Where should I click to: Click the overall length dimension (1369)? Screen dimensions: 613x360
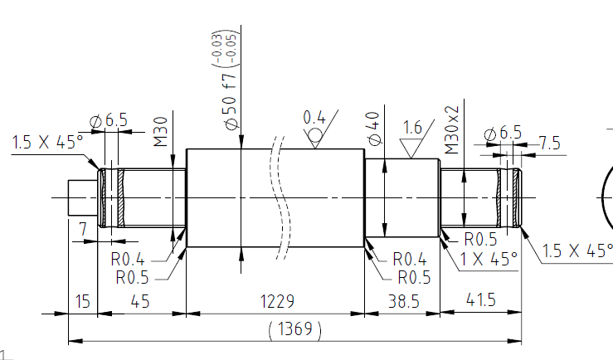[294, 329]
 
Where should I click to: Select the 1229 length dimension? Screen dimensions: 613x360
[277, 301]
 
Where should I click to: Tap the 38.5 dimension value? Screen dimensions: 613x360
[403, 302]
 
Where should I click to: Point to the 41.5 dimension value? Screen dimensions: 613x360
[481, 299]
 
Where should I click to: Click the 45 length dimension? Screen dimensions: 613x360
[140, 301]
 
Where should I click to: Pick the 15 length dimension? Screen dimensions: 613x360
[82, 301]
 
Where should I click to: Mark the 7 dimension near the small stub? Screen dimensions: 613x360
[82, 229]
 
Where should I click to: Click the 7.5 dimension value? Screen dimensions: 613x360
[550, 143]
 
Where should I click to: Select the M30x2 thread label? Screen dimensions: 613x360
[452, 129]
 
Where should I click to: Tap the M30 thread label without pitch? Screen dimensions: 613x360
[161, 132]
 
